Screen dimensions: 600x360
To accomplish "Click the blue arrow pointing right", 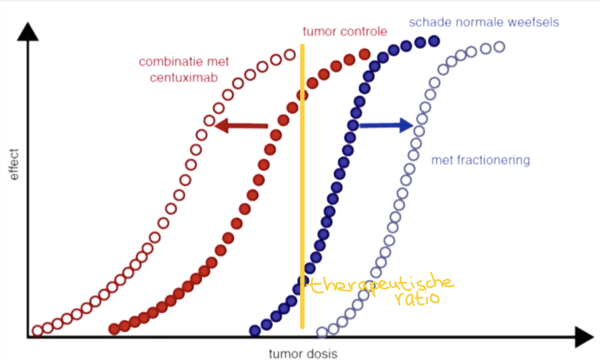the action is (x=386, y=126).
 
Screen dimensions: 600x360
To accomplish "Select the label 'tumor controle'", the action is (x=345, y=32).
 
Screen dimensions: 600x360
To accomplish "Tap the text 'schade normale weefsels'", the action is (x=484, y=22).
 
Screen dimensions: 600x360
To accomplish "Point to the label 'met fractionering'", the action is (x=480, y=160).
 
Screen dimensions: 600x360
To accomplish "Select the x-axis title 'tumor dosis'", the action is (x=303, y=354).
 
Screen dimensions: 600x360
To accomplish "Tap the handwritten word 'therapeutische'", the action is (x=382, y=284).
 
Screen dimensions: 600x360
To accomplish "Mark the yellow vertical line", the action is (x=302, y=180).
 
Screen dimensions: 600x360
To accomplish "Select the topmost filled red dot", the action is (x=364, y=55).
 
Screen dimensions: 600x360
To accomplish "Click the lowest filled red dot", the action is (x=114, y=329).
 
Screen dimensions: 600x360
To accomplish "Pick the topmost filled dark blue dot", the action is (x=434, y=41).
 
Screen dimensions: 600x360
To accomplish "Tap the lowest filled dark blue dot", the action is (x=255, y=331).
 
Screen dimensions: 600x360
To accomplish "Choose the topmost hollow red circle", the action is (x=290, y=55).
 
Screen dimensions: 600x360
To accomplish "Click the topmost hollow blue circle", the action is (x=499, y=46).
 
